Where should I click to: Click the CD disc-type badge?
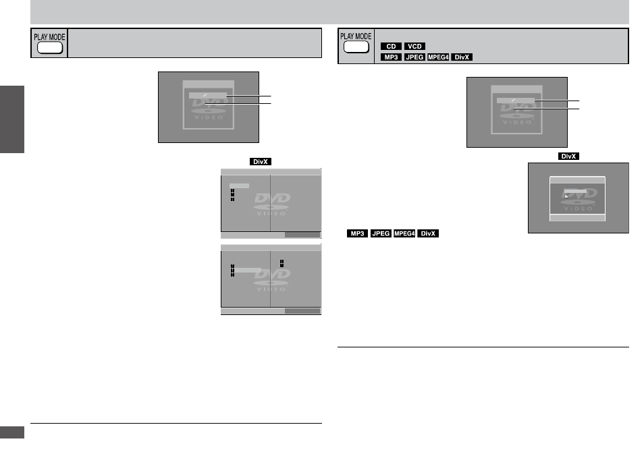coord(391,47)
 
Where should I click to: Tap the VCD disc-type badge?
coord(414,47)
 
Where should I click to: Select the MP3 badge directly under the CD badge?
coord(391,57)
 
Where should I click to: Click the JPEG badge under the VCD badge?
coord(414,57)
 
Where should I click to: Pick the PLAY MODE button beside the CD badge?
coord(356,47)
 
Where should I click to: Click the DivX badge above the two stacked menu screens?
coord(261,162)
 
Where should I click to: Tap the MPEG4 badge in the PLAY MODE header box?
coord(438,57)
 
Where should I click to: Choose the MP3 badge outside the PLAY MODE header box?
coord(357,233)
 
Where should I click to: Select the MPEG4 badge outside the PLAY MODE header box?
coord(404,233)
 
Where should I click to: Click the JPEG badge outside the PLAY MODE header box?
coord(381,233)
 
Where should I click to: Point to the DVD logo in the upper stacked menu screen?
coord(272,204)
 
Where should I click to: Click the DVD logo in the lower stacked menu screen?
coord(272,280)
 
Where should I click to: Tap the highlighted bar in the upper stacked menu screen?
coord(239,186)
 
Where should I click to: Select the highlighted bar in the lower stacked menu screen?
coord(247,270)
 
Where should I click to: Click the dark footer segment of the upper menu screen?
coord(302,235)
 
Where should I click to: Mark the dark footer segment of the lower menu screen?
coord(302,311)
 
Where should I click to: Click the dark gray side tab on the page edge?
coord(12,119)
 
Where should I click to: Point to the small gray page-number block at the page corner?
coord(12,432)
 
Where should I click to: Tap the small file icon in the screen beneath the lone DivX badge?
coord(566,196)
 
